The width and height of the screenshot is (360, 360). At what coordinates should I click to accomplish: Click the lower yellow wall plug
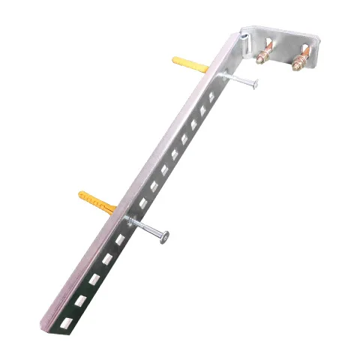pos(97,201)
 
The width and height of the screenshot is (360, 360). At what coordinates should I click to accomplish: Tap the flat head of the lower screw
pos(164,236)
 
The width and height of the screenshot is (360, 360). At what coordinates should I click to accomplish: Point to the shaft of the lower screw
pos(147,228)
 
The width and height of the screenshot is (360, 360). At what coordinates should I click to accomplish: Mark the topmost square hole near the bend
pos(212,97)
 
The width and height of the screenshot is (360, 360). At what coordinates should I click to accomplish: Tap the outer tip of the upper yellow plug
pos(175,59)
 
